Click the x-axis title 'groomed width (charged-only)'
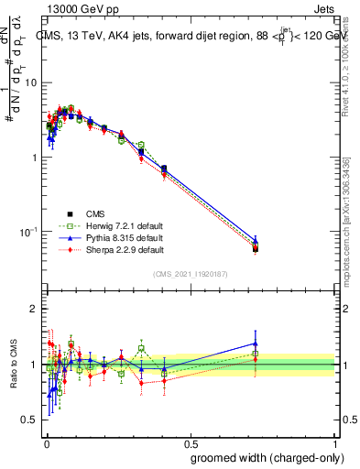click(262, 457)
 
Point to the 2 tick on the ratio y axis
click(34, 309)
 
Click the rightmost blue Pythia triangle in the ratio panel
click(256, 344)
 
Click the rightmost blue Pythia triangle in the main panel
click(256, 240)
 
